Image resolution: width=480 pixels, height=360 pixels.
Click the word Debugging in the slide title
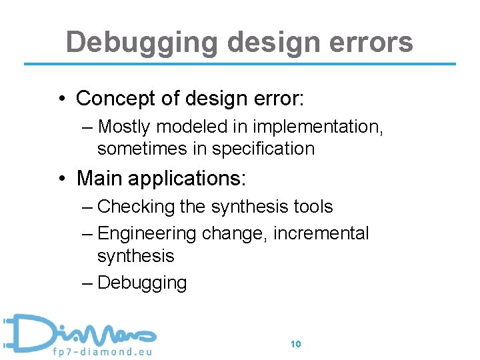coord(141,42)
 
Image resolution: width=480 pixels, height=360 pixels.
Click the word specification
coord(262,148)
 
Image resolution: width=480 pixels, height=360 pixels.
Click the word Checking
coord(136,207)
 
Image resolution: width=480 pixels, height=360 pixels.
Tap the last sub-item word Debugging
coord(142,283)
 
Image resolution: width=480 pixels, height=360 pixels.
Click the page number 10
coord(296,344)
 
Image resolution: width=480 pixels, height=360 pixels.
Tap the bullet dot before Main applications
coord(61,179)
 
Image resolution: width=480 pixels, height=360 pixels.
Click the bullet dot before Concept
coord(61,99)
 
